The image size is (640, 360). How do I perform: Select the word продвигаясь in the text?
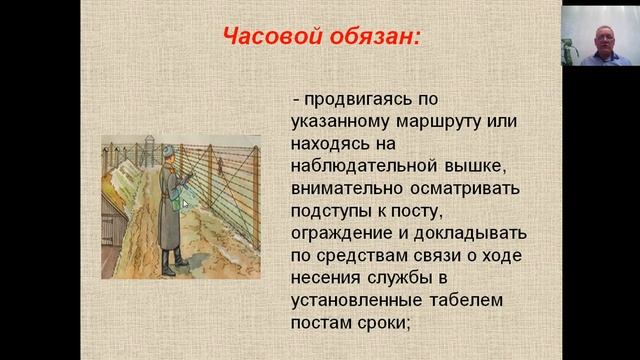click(x=357, y=101)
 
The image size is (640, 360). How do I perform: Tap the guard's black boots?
click(x=173, y=264)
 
